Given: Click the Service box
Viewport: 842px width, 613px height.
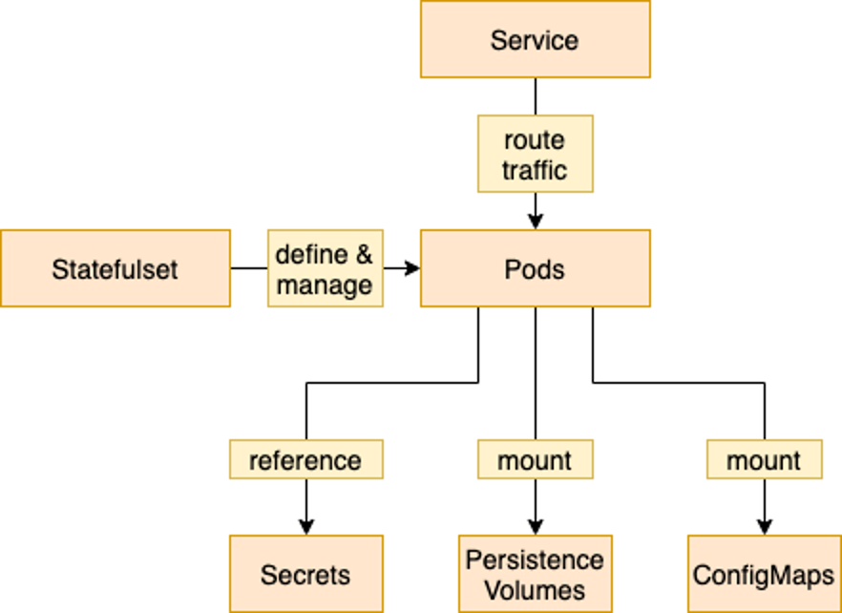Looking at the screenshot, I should [535, 39].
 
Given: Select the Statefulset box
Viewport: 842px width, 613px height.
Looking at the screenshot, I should [115, 268].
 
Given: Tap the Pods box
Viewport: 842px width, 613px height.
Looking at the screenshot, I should [535, 268].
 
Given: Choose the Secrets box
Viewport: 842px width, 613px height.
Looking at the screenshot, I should [305, 574].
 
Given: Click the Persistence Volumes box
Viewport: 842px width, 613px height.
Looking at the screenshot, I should [535, 574].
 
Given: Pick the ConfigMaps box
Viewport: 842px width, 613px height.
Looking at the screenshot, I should [764, 574].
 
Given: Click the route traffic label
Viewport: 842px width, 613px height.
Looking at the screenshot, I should [535, 154].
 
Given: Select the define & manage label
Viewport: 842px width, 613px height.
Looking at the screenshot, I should [325, 268].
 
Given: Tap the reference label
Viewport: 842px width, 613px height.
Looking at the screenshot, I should [305, 459].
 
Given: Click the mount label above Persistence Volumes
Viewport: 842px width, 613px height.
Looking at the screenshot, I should [535, 459].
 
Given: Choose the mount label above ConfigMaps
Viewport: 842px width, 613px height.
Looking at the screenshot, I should [764, 459].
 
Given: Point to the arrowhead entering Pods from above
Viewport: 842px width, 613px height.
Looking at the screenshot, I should [535, 222].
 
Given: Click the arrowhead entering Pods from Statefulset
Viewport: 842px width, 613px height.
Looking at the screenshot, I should [412, 268].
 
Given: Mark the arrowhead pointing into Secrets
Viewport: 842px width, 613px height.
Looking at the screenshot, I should [305, 527].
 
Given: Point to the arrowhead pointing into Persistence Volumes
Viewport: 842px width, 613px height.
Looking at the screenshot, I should [535, 527].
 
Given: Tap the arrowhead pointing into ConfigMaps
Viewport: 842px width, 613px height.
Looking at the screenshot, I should [764, 527].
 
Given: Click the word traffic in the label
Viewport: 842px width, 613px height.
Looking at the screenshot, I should [535, 170].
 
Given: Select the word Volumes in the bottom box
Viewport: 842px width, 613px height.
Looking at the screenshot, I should [535, 590].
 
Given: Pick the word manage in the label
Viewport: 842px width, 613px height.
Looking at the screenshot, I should [325, 285].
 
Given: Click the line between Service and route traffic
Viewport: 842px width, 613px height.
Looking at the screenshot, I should [535, 96].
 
